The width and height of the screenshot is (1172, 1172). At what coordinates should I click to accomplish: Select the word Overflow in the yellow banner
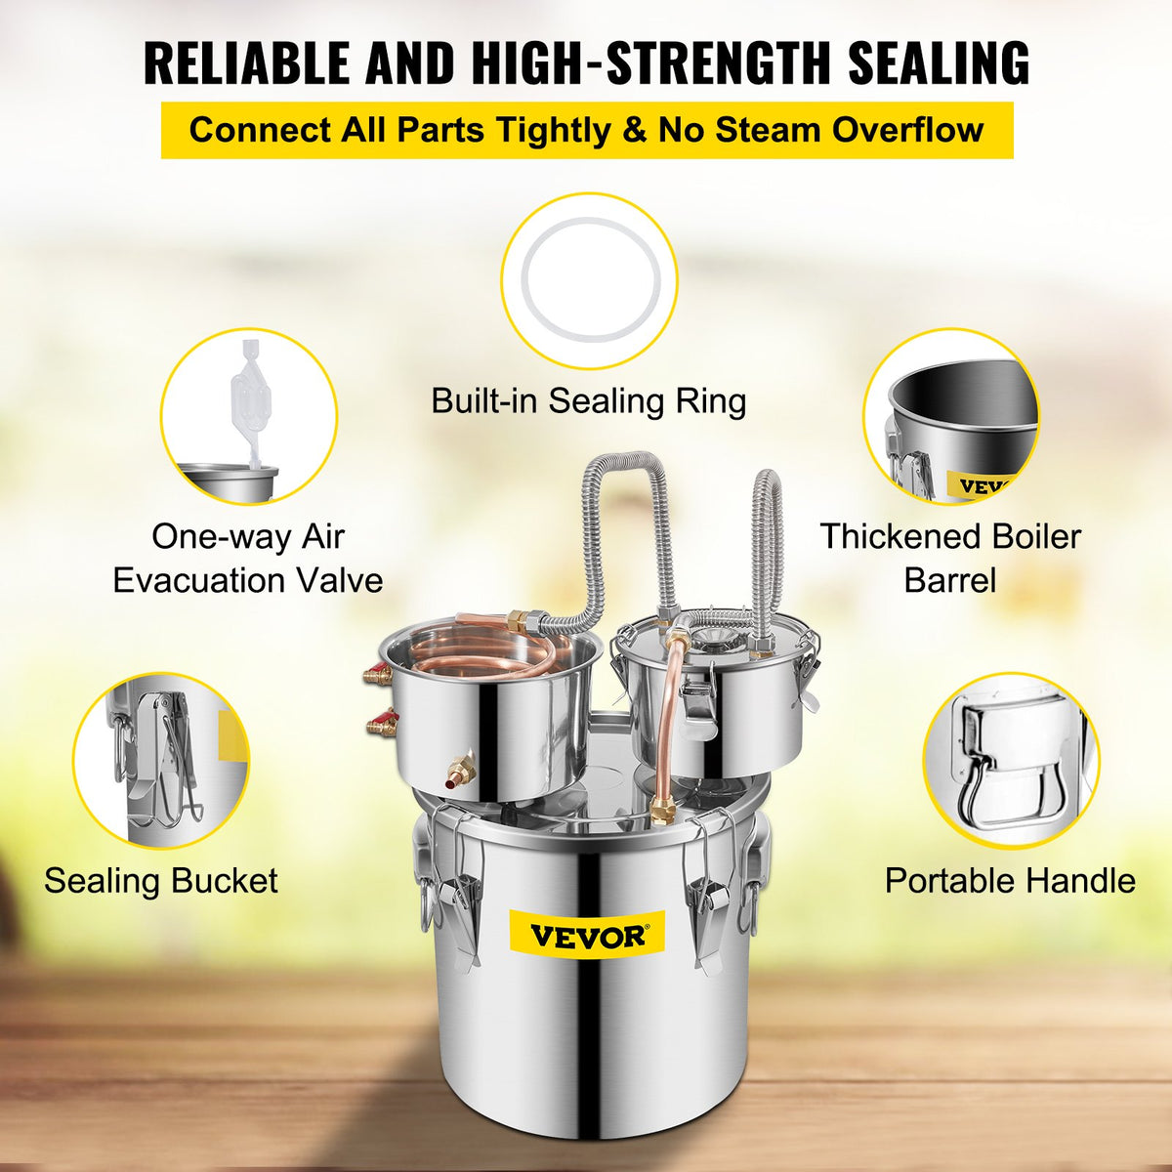(908, 130)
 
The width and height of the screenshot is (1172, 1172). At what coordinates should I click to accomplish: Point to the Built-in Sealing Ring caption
(588, 400)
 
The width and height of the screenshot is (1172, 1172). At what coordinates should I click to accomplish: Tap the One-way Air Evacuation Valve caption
(248, 559)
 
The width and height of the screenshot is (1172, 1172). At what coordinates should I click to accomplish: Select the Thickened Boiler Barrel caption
(949, 559)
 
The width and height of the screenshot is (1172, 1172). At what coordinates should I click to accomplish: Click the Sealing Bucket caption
(161, 881)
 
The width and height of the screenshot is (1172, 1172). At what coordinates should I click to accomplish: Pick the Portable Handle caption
(1010, 881)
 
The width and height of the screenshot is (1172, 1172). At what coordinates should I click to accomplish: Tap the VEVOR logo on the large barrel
(587, 936)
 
